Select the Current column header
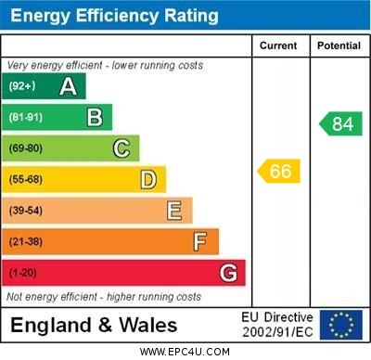278,45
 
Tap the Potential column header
339,45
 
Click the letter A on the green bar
68,86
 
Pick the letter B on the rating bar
95,117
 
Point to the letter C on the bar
122,148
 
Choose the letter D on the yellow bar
148,179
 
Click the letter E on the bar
174,211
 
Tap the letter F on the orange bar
200,242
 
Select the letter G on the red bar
228,273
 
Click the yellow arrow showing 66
279,171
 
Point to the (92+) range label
22,86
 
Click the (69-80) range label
26,148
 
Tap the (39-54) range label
26,211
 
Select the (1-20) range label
23,273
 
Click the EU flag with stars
341,325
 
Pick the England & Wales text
94,325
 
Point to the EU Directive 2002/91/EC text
277,325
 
